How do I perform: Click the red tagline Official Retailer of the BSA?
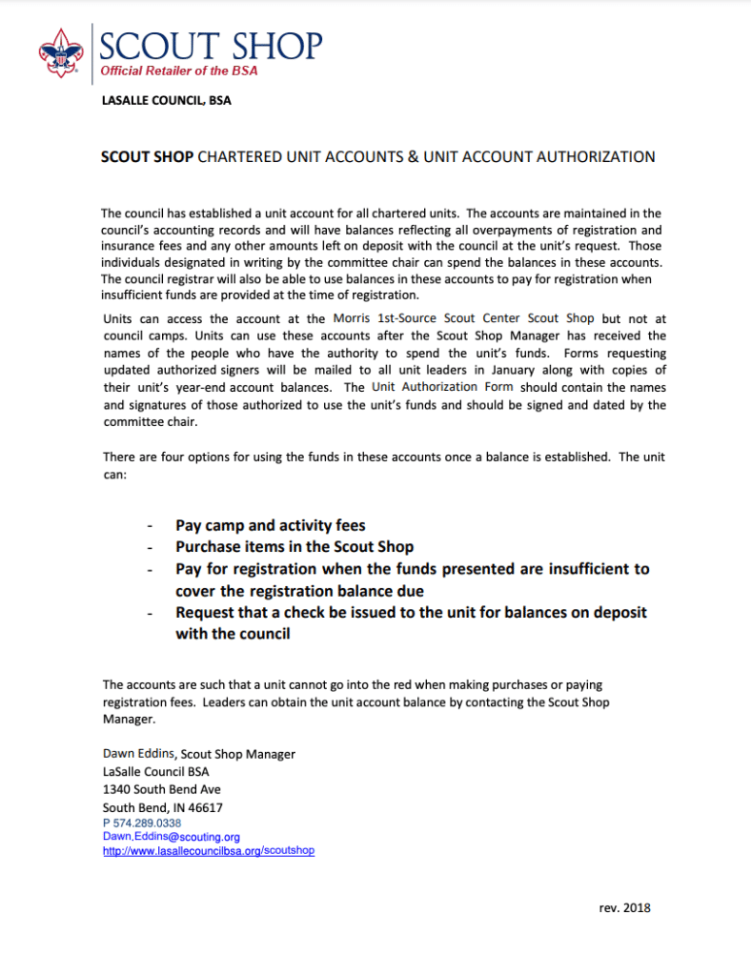coord(179,71)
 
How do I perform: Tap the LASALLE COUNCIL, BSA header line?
coord(166,101)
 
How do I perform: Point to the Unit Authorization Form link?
coord(442,387)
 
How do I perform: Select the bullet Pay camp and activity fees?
coord(271,525)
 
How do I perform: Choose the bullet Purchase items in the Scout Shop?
coord(294,547)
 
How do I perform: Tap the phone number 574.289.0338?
coord(147,823)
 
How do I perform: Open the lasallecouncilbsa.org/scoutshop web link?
coord(208,850)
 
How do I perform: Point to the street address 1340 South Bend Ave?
coord(162,789)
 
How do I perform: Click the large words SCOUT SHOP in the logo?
coord(212,44)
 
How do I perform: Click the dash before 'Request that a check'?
coord(149,613)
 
